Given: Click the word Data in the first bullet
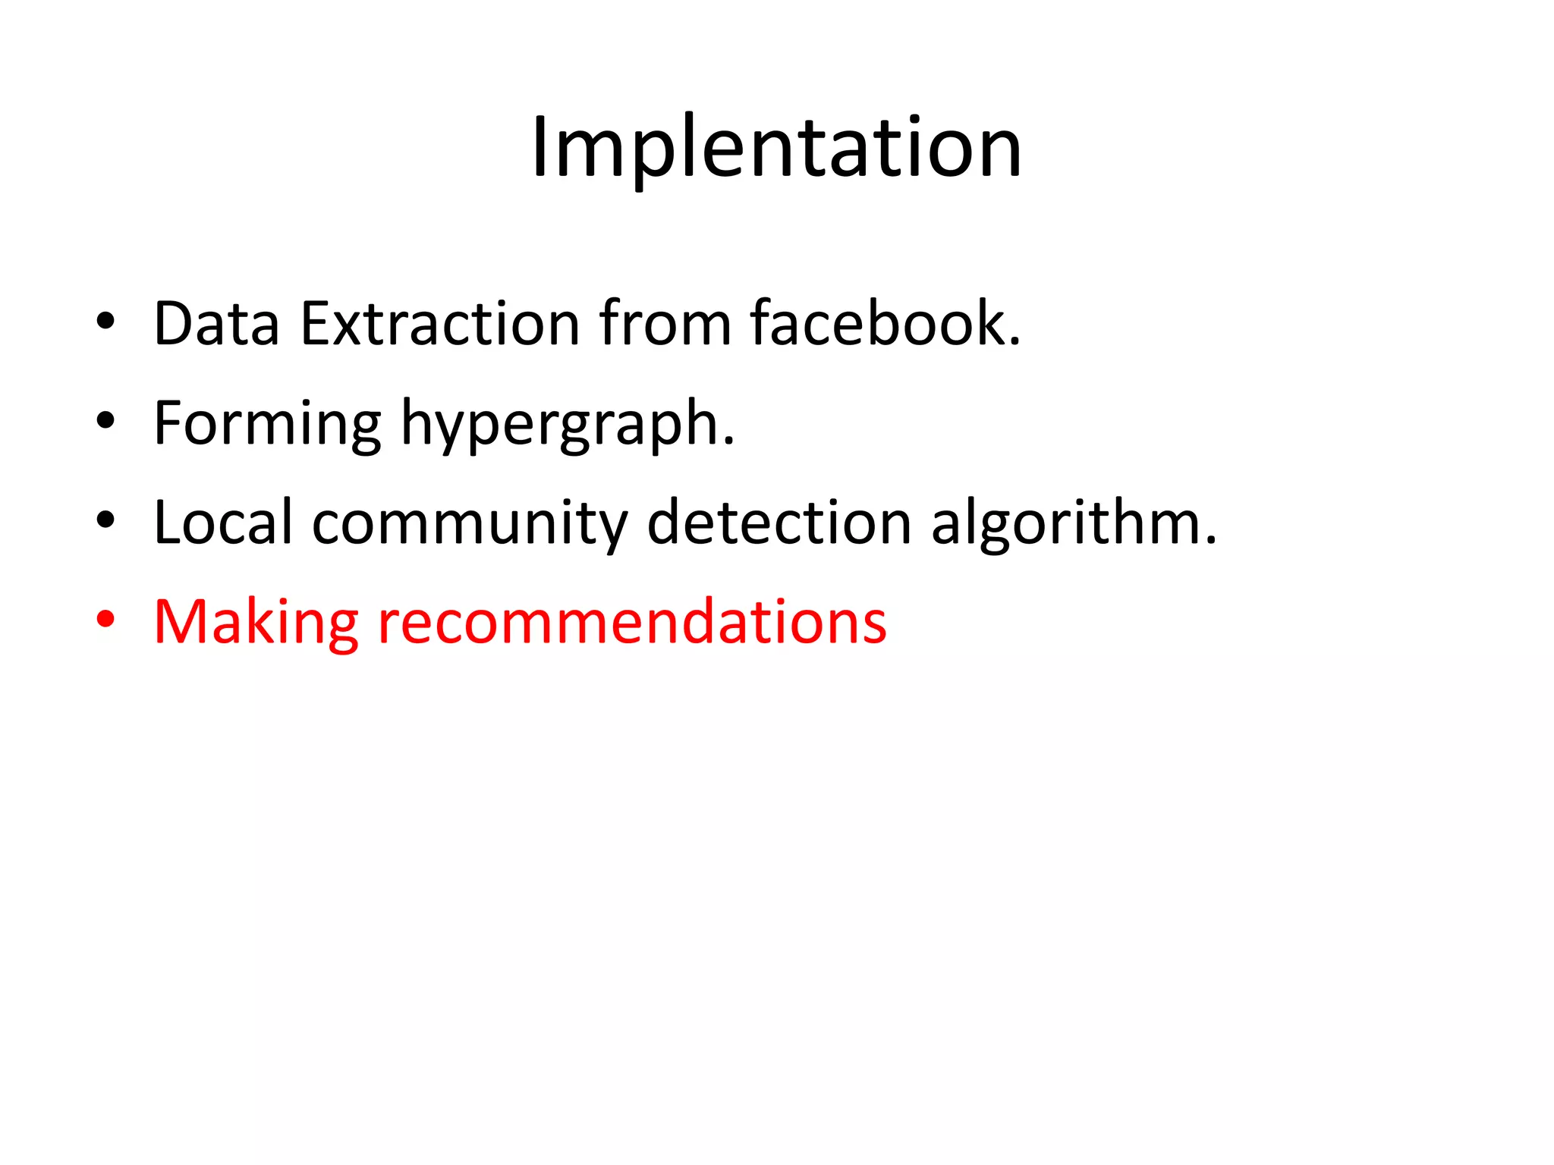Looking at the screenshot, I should point(216,324).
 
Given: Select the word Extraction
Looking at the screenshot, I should point(441,324).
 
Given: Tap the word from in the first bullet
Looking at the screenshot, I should point(665,324).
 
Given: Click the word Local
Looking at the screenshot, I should point(222,523).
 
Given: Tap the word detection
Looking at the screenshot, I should point(779,523).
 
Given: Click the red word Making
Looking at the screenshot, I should point(256,623).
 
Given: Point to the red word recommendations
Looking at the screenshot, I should point(632,623).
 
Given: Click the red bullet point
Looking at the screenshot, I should point(105,620).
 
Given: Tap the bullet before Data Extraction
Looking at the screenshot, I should point(105,322).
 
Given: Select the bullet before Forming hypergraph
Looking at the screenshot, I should point(105,421).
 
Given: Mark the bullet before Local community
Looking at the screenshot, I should point(105,520).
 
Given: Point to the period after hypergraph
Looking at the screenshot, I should point(729,443).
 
